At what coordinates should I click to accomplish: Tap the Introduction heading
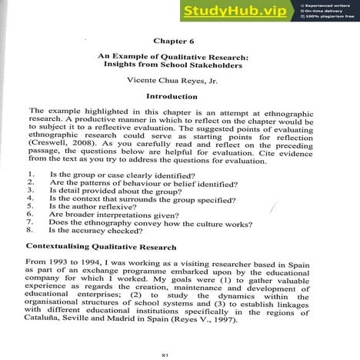pos(178,97)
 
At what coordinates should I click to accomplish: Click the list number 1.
pos(29,175)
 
